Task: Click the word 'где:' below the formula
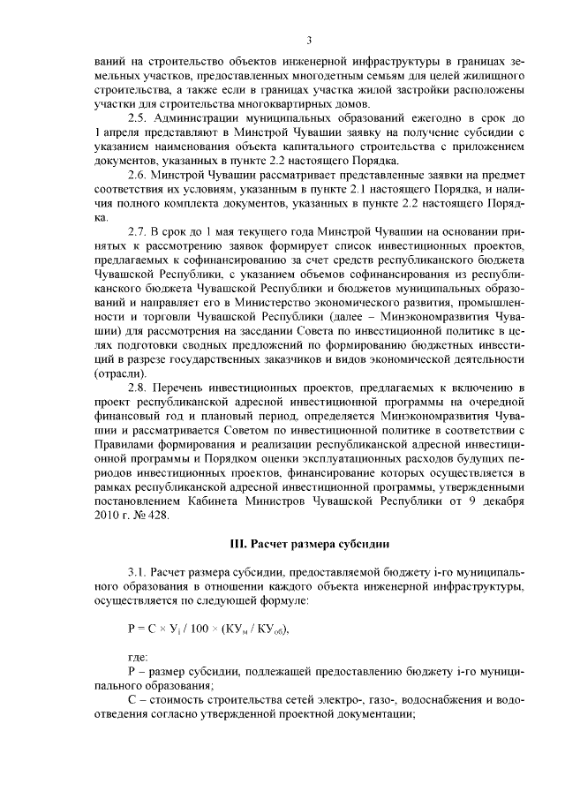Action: tap(139, 657)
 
